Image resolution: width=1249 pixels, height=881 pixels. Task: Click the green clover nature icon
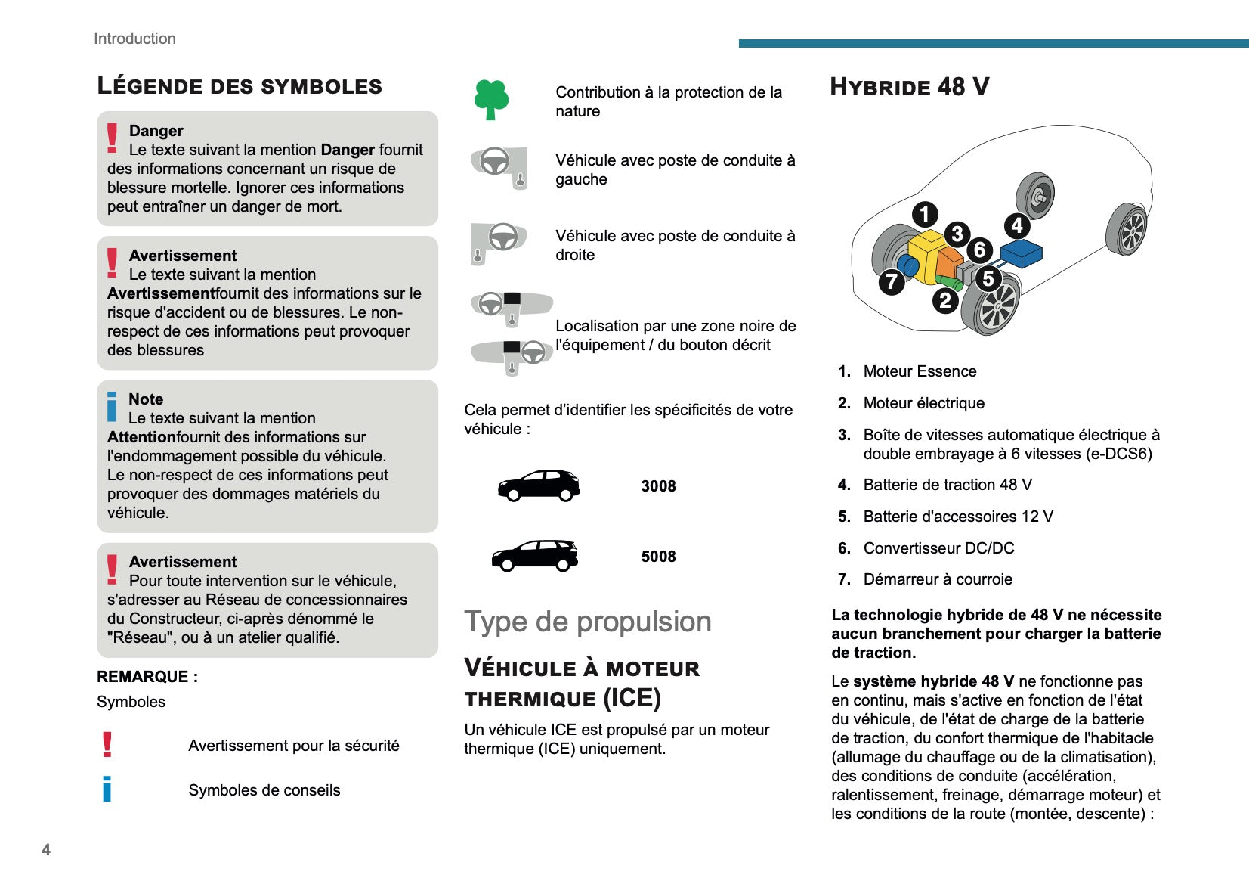491,99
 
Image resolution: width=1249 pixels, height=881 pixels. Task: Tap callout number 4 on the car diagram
1016,225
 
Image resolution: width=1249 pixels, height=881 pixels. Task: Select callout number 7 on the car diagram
892,282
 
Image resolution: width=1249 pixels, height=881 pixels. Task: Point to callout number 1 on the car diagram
924,214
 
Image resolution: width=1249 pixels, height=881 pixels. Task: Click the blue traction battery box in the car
1021,253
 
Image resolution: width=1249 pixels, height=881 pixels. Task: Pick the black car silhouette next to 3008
539,485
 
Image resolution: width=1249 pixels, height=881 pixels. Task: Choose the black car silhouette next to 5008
535,556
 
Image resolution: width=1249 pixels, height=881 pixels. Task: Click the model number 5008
658,557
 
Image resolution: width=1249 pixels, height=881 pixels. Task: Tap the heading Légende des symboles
240,85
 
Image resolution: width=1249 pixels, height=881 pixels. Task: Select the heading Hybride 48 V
909,87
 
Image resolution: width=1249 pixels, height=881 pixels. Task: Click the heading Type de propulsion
587,622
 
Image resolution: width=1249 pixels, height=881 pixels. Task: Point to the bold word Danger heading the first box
156,131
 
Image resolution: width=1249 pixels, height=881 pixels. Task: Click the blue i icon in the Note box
112,407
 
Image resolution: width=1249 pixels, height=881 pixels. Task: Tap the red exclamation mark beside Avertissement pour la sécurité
107,745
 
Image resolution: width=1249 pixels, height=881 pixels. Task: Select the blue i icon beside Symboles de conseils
107,789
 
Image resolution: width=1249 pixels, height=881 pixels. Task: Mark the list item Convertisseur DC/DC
938,548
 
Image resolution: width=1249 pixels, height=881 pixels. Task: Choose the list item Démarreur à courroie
938,579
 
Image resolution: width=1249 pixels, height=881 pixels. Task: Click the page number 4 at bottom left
46,849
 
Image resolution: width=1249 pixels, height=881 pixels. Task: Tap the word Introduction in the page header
134,39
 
